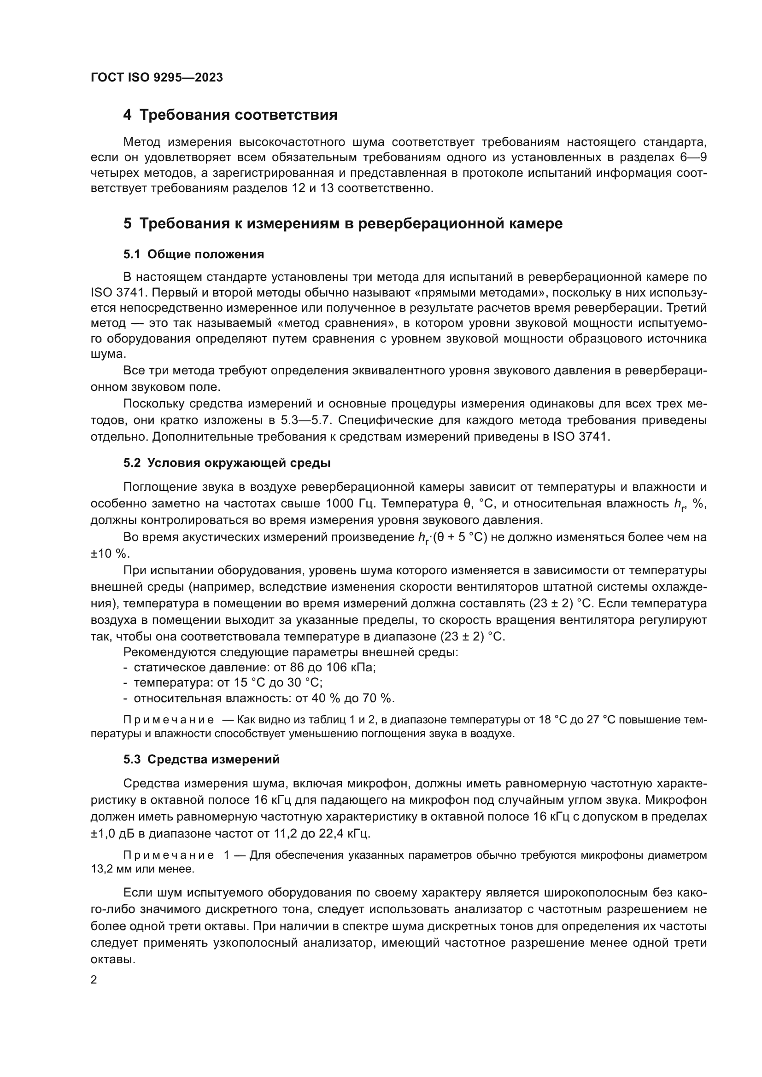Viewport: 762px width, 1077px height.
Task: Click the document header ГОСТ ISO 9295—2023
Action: tap(157, 78)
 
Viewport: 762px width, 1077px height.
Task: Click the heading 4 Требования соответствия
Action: tap(230, 115)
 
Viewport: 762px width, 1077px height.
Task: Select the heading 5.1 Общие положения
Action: tap(193, 255)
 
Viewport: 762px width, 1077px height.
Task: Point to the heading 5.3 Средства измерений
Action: tap(201, 760)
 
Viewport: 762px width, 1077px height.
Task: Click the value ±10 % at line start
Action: tap(109, 554)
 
